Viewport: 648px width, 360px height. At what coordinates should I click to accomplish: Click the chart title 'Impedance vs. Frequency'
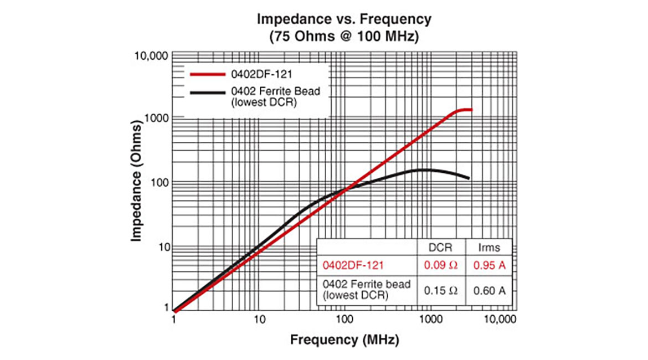click(344, 19)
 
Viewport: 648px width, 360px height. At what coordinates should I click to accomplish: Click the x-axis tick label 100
click(344, 320)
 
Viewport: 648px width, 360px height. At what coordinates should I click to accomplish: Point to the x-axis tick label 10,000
click(500, 320)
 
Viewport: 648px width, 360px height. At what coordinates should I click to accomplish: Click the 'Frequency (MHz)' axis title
click(344, 340)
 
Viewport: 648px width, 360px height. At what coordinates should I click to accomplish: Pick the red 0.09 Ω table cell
click(441, 266)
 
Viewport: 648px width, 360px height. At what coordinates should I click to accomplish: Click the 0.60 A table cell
click(489, 290)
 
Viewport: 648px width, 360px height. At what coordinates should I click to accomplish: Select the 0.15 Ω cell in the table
click(441, 290)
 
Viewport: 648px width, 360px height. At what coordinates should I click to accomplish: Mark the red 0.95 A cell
click(489, 266)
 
